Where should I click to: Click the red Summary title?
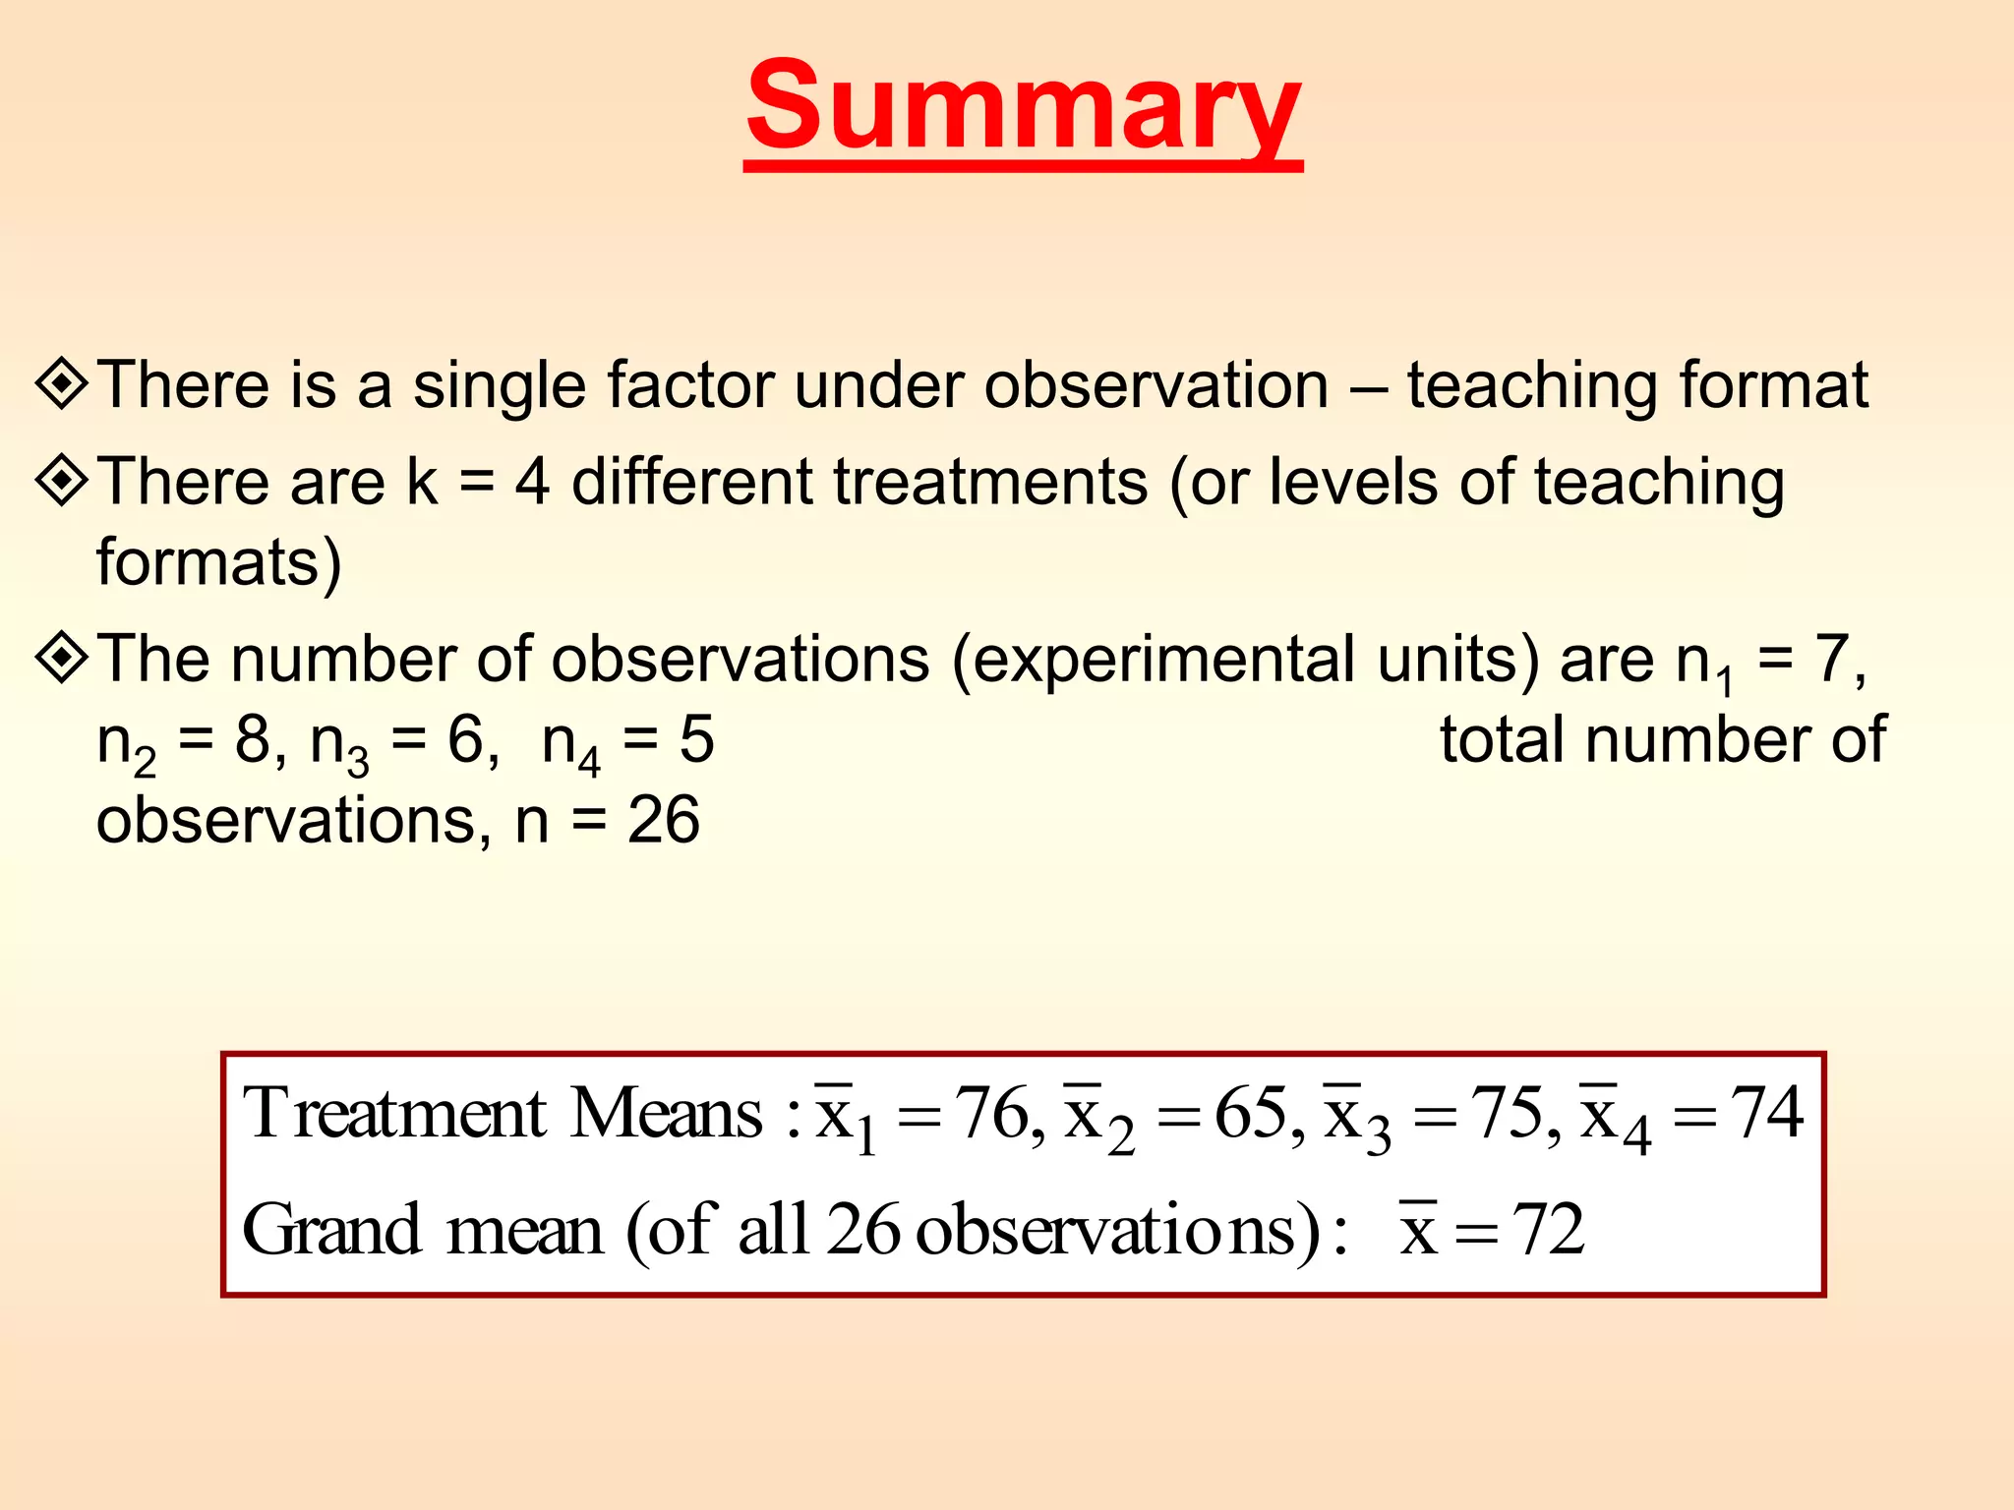coord(1023,108)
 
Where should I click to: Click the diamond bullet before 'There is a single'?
coord(63,383)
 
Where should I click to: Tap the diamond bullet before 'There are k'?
coord(63,481)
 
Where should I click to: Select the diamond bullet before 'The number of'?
coord(63,658)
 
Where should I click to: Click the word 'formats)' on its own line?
coord(219,562)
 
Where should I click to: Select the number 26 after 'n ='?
coord(664,820)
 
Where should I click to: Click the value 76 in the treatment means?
coord(993,1114)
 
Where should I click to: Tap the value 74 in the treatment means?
coord(1766,1114)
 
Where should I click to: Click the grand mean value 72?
coord(1548,1230)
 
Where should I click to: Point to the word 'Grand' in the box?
coord(331,1230)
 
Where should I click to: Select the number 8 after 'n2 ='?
coord(253,739)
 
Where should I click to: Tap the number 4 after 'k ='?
coord(532,482)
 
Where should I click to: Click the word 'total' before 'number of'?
coord(1504,739)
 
